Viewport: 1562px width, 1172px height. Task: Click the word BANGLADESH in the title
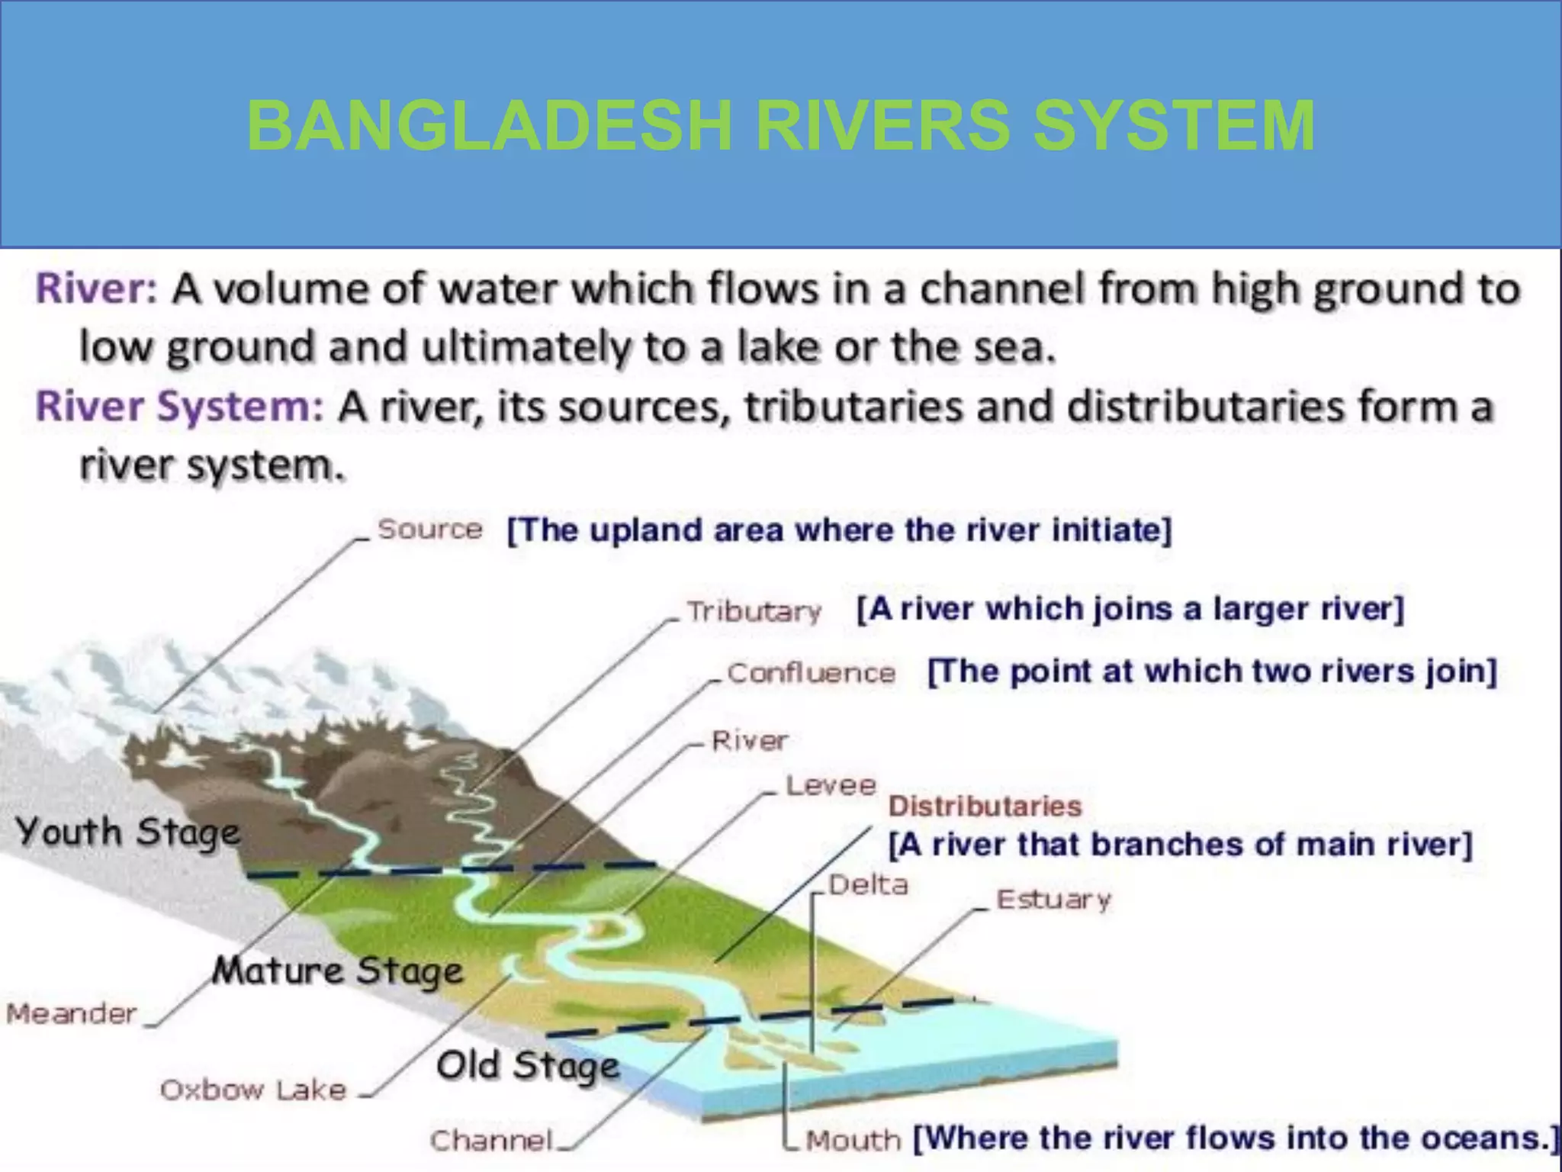click(x=489, y=126)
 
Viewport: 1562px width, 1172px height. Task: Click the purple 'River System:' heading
click(x=180, y=406)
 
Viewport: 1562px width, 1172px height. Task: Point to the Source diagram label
click(x=430, y=529)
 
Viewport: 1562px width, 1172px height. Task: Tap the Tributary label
click(x=754, y=611)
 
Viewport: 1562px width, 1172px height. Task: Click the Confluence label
click(x=811, y=673)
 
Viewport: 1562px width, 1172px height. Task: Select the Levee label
click(x=831, y=785)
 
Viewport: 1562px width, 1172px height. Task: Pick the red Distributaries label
click(x=985, y=807)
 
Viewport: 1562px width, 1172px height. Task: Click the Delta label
click(x=868, y=885)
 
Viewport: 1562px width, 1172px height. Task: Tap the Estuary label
click(x=1054, y=900)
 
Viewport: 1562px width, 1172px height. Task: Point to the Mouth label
click(x=853, y=1141)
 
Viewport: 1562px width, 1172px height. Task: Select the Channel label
click(x=491, y=1141)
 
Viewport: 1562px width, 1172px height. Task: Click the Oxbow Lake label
click(x=253, y=1090)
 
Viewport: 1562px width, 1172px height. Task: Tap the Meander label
click(x=72, y=1013)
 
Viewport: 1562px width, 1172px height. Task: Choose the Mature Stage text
click(x=338, y=971)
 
